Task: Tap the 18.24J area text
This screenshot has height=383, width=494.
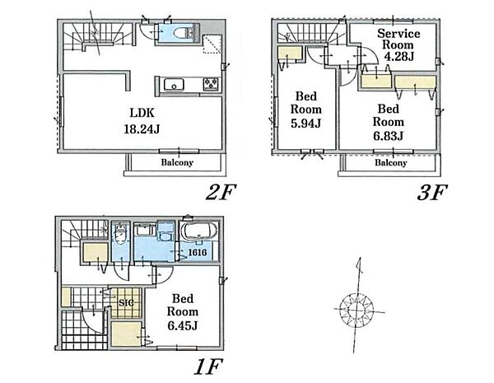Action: click(142, 129)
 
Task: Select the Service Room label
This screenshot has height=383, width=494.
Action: click(398, 39)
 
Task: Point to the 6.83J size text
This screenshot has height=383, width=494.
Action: click(388, 136)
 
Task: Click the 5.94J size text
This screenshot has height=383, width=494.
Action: click(305, 124)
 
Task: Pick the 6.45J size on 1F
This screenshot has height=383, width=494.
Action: click(183, 325)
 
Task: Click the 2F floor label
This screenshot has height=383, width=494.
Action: click(221, 192)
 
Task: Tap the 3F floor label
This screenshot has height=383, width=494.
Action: click(432, 192)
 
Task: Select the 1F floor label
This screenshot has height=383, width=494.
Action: click(208, 367)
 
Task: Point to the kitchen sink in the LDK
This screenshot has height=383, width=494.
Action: click(174, 85)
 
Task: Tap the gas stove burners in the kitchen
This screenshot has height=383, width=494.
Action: click(212, 84)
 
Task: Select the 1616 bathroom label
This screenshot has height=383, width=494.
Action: click(198, 253)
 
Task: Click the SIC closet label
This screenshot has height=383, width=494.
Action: click(126, 302)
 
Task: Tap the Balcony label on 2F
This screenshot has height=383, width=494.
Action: click(177, 162)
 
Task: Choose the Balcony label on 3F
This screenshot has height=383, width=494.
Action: click(390, 162)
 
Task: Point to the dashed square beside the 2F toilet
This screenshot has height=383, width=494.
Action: click(212, 44)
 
